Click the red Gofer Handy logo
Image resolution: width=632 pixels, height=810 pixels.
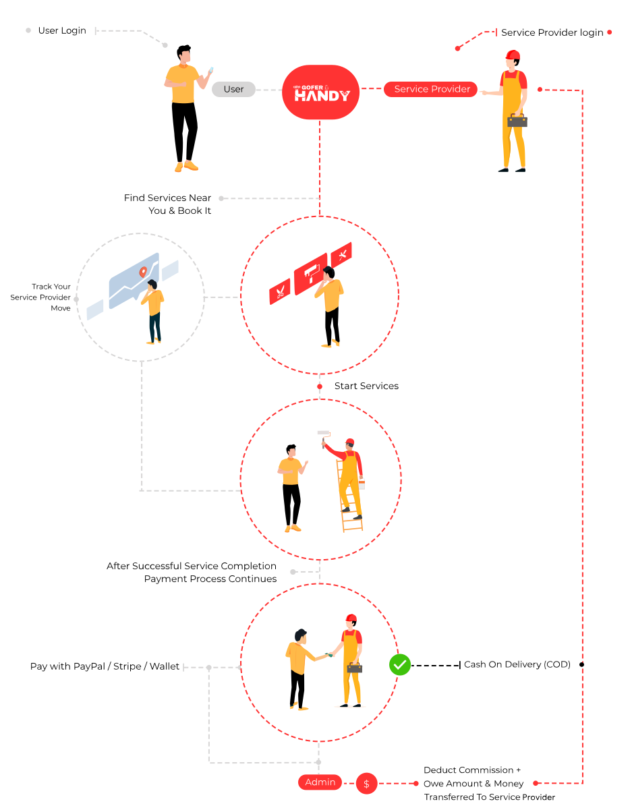[320, 92]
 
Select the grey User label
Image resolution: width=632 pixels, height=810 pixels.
[233, 89]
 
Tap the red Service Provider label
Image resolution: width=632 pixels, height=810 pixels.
[431, 89]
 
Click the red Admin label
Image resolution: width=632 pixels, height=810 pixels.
[320, 782]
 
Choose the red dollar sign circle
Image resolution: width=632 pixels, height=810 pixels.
[366, 783]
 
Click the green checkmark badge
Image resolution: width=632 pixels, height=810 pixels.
[400, 665]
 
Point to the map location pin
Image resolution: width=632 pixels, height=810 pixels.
[142, 272]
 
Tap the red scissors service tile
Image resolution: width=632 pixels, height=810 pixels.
[280, 291]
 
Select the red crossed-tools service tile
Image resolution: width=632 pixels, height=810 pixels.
[342, 254]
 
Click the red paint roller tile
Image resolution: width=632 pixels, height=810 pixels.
[310, 272]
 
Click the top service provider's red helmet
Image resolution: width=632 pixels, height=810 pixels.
[513, 55]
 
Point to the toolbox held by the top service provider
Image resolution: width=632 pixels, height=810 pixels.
[517, 121]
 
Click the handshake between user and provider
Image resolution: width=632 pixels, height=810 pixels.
[326, 654]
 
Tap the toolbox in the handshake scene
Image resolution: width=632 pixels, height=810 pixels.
[354, 667]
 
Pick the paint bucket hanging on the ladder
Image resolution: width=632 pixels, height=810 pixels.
[362, 483]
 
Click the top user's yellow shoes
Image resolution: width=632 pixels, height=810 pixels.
[187, 166]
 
